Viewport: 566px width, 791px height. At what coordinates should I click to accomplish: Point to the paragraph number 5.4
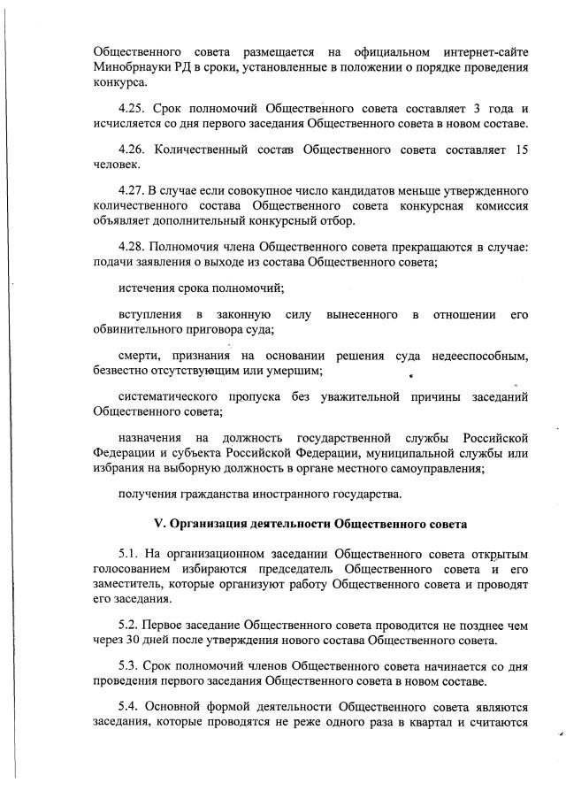[133, 708]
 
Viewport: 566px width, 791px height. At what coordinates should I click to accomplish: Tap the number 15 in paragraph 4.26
[521, 150]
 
